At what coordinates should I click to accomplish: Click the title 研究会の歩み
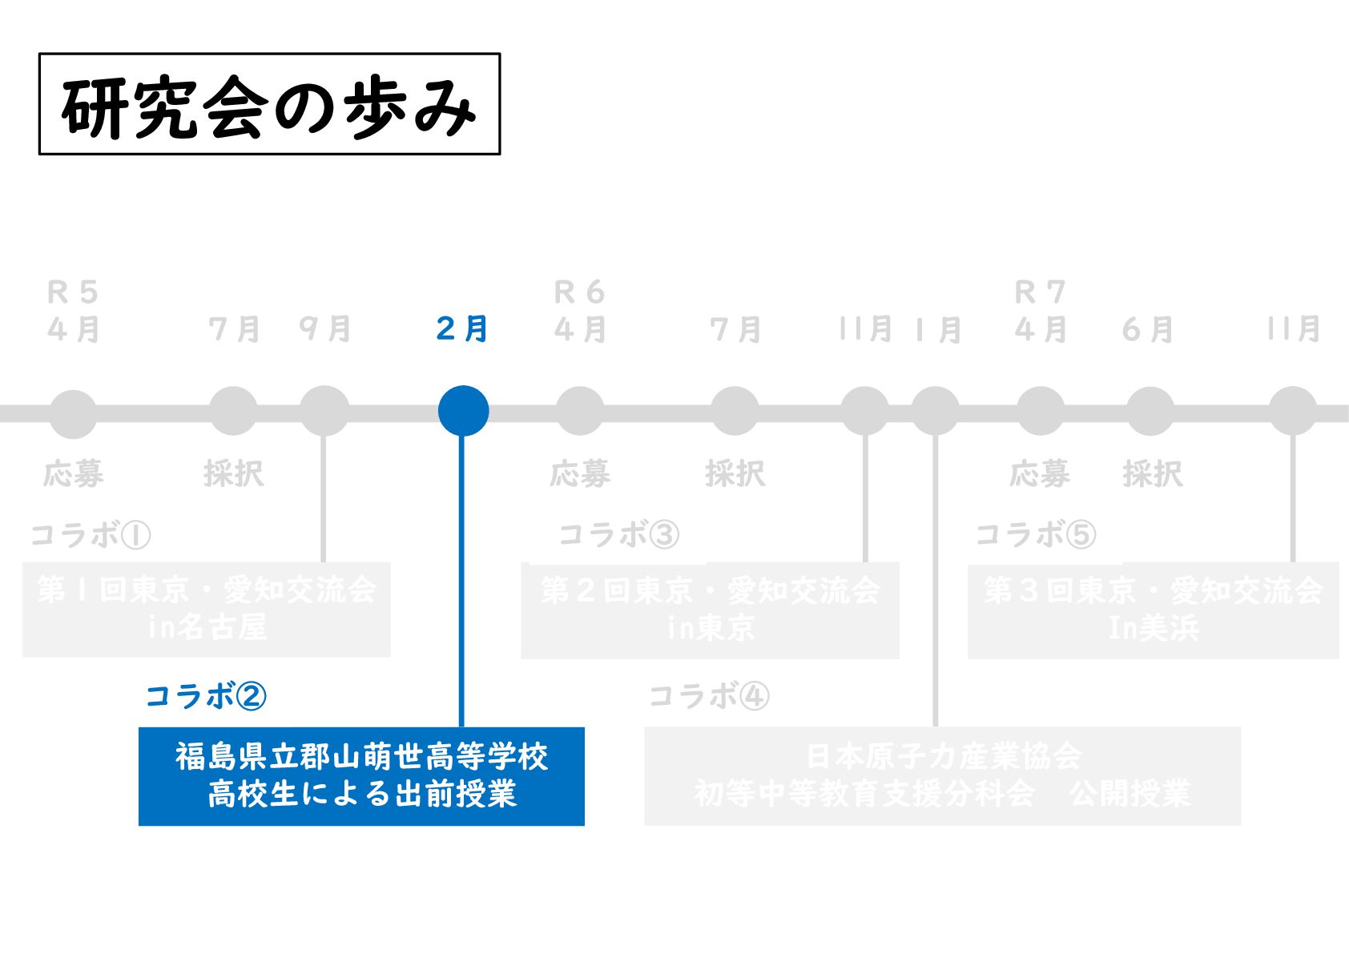(x=269, y=105)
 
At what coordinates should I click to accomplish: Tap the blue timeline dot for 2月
(x=463, y=411)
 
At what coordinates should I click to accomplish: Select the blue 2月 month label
(x=462, y=328)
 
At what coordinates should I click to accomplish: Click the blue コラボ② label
(x=206, y=696)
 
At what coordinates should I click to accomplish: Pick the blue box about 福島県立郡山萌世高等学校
(x=361, y=776)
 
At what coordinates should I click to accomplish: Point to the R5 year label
(x=73, y=292)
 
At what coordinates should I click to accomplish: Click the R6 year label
(x=579, y=292)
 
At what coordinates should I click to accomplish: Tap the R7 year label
(x=1040, y=292)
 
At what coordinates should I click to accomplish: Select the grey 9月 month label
(x=324, y=328)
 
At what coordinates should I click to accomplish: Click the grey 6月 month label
(x=1148, y=329)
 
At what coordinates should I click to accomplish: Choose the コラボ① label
(x=91, y=534)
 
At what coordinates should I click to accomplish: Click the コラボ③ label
(x=618, y=534)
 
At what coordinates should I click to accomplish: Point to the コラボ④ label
(x=709, y=696)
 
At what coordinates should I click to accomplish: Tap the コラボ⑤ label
(x=1035, y=534)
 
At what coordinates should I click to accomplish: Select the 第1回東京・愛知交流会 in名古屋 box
(x=207, y=610)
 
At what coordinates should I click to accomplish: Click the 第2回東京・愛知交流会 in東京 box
(x=710, y=610)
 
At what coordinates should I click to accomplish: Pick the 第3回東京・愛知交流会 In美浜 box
(x=1153, y=610)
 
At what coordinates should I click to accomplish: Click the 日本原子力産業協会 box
(x=942, y=775)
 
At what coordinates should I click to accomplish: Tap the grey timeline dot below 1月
(x=935, y=412)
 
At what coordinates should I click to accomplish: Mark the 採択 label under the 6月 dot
(x=1152, y=474)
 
